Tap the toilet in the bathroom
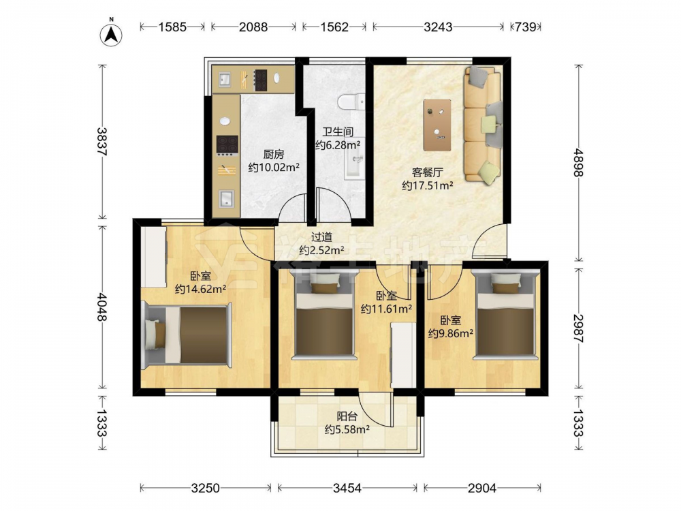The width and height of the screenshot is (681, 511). point(351,102)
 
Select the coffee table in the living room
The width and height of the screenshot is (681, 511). point(437,125)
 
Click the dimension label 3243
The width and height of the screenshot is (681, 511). point(438,27)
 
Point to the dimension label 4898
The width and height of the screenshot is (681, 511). point(578,163)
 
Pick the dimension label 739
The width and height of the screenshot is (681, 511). point(526,27)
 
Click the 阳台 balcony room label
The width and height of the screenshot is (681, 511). point(347,416)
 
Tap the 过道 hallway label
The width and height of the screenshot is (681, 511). point(322,237)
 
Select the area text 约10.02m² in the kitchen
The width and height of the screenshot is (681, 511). point(274,168)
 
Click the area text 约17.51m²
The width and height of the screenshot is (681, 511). point(428,185)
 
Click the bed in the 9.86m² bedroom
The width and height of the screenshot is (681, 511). point(505,315)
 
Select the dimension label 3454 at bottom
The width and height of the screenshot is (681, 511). point(347,489)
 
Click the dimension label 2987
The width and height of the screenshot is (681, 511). point(578,328)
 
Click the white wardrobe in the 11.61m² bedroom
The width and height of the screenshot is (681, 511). point(403,355)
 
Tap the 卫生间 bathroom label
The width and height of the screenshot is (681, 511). point(338,131)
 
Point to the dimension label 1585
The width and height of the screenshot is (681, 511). point(172,27)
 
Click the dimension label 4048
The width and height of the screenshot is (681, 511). point(101,307)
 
